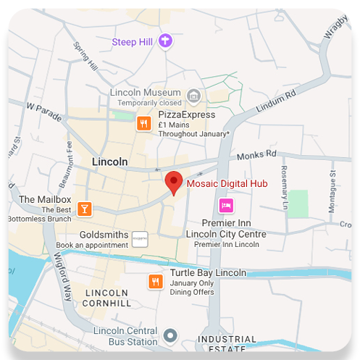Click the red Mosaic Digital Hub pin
tap(173, 182)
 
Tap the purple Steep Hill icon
tap(167, 41)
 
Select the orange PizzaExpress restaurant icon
tap(144, 124)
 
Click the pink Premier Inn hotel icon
tap(227, 205)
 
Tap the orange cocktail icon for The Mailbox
tap(85, 209)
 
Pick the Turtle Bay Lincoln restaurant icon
tap(155, 282)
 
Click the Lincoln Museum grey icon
tap(193, 95)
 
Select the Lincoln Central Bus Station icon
tap(170, 336)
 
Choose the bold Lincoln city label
tap(110, 162)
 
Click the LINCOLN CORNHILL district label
tap(106, 298)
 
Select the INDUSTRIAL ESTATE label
tap(227, 344)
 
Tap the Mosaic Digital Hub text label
tap(227, 183)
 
